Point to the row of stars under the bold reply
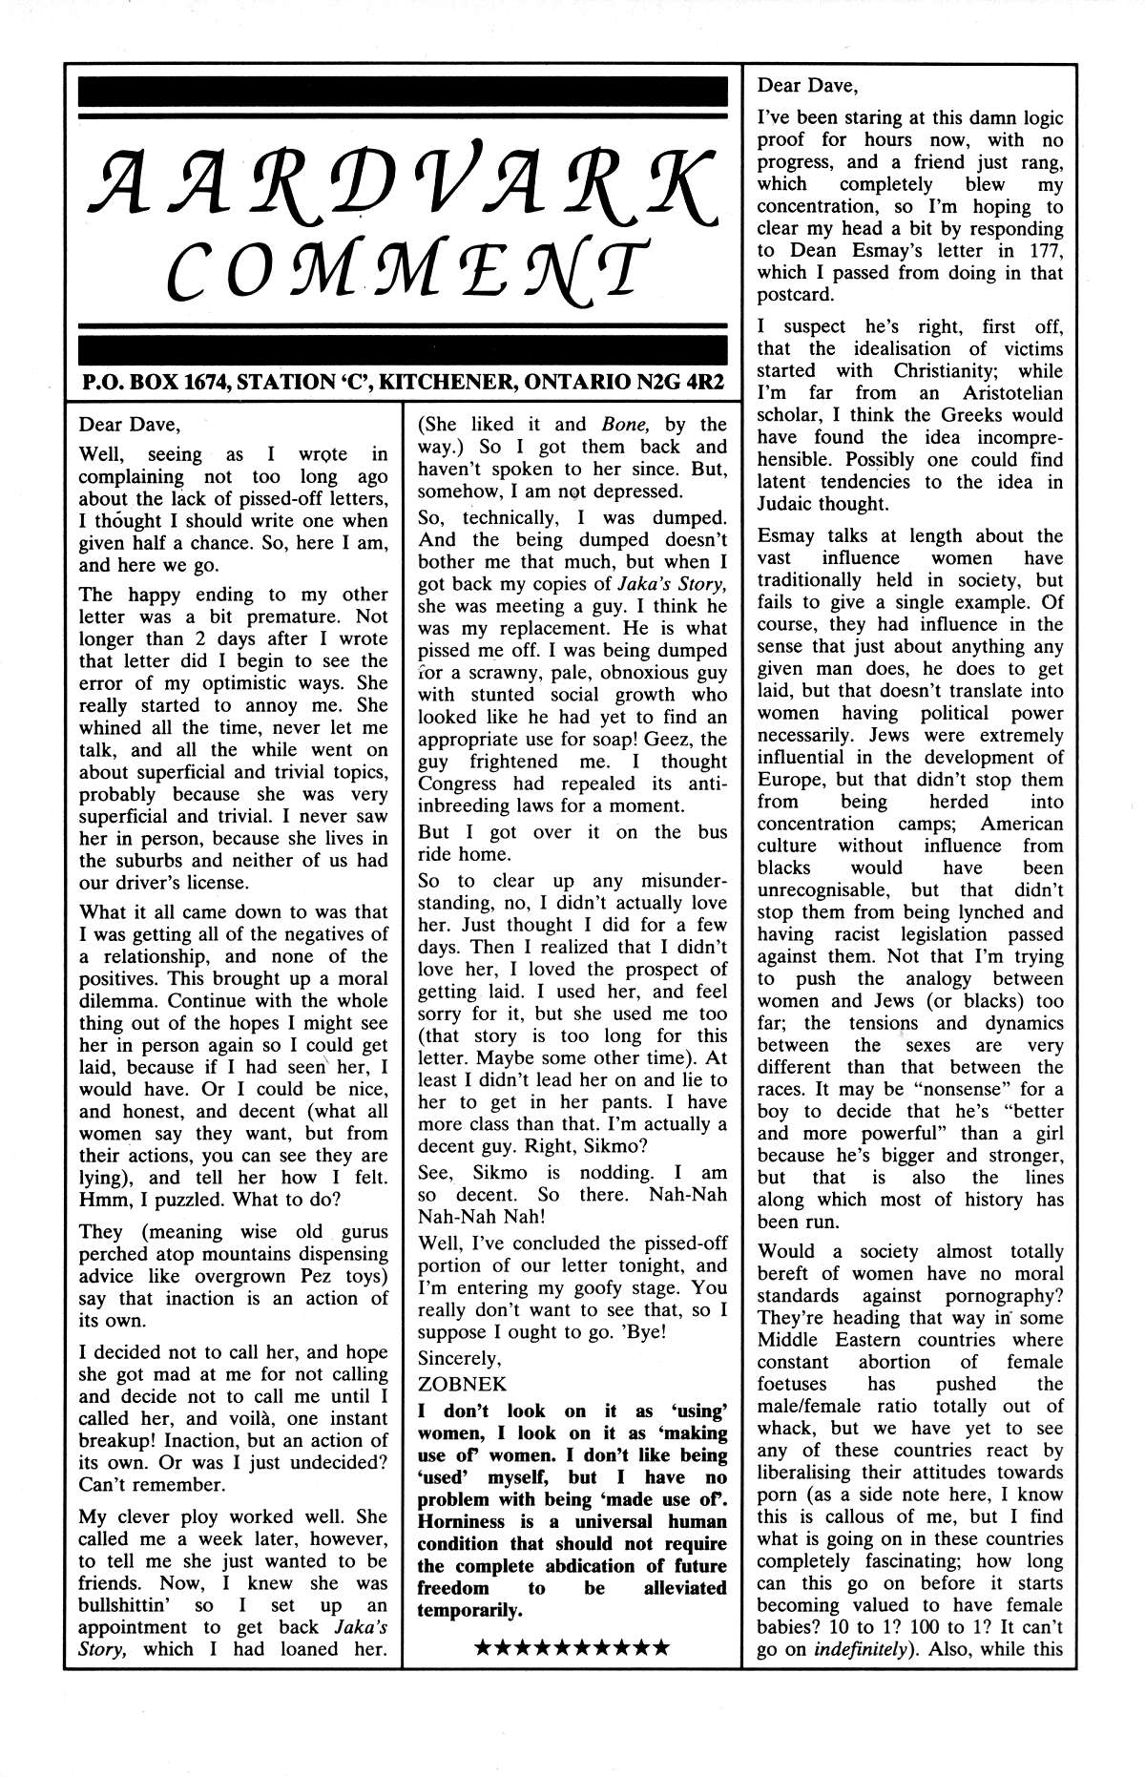pos(572,1647)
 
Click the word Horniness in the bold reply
pos(462,1521)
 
